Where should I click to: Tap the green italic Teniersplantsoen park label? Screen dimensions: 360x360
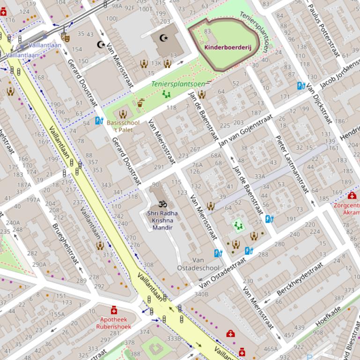tap(178, 84)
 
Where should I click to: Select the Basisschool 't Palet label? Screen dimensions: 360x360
tap(123, 126)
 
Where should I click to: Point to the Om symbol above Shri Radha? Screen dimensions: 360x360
tap(162, 204)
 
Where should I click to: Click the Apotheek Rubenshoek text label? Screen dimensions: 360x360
tap(114, 323)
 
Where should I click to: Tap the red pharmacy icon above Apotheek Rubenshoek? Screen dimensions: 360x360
tap(114, 310)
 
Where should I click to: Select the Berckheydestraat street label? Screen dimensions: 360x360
tap(300, 279)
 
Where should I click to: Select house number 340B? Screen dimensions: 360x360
tap(201, 294)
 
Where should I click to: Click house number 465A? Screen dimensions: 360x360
tap(270, 349)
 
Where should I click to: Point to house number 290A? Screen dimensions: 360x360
tap(39, 265)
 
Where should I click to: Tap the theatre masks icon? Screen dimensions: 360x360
tap(66, 36)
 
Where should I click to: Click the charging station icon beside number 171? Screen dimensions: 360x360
tap(301, 86)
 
